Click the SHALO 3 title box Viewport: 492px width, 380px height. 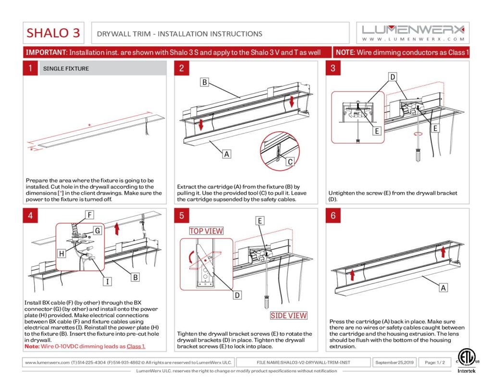click(x=53, y=33)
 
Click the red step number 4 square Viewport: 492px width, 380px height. click(x=30, y=216)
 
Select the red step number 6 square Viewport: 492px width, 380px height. click(x=333, y=216)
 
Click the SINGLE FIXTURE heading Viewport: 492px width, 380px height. click(x=66, y=69)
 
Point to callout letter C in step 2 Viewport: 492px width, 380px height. click(x=290, y=162)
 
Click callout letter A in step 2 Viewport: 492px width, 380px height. click(x=226, y=154)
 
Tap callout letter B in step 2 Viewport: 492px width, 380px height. click(x=204, y=83)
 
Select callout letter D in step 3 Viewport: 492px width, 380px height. click(x=392, y=77)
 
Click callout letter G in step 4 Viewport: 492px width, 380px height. click(x=97, y=231)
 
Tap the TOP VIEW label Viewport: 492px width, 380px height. click(x=206, y=231)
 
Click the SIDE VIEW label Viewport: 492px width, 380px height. click(x=288, y=316)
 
